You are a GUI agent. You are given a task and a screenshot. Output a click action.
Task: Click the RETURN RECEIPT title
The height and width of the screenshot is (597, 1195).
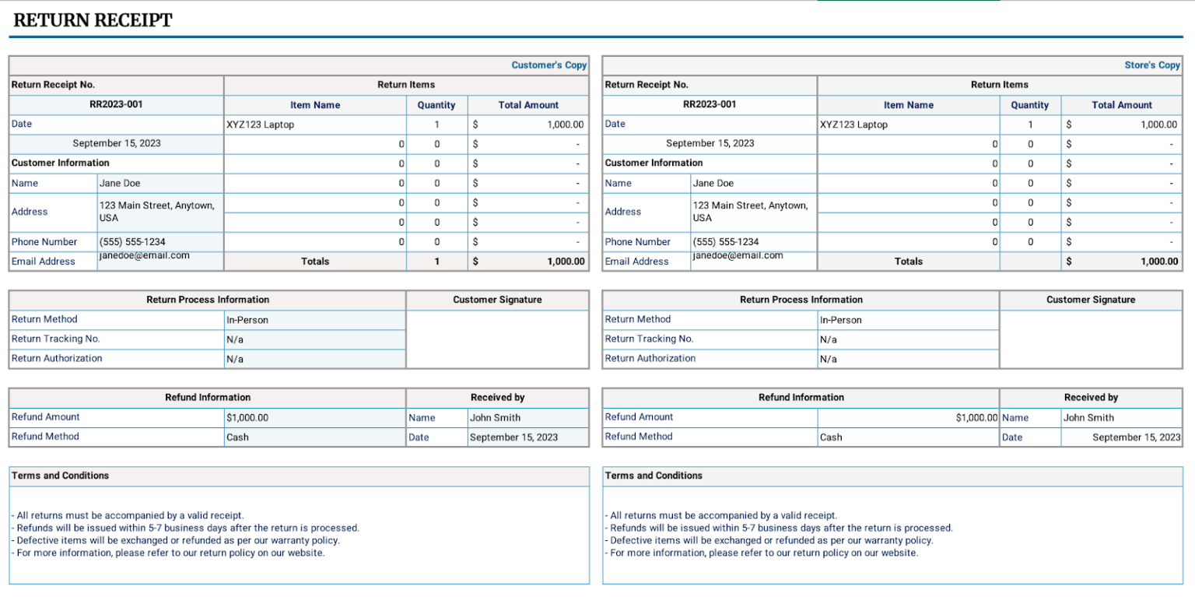[x=93, y=21]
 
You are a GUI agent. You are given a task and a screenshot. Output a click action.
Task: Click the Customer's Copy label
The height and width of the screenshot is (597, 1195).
[x=548, y=65]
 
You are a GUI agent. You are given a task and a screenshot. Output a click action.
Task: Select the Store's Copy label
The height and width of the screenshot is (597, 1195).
[x=1151, y=65]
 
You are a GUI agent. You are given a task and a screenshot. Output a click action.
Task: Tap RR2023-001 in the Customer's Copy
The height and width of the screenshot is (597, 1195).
[x=117, y=104]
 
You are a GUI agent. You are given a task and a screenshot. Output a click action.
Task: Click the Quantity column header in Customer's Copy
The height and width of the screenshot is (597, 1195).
[x=436, y=105]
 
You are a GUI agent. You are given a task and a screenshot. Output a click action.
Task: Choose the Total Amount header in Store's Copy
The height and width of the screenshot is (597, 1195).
[x=1121, y=105]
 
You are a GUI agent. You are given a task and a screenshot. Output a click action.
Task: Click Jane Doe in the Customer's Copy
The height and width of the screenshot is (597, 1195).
[x=120, y=184]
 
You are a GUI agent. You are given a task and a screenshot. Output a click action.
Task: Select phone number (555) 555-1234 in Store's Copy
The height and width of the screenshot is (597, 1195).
[x=725, y=242]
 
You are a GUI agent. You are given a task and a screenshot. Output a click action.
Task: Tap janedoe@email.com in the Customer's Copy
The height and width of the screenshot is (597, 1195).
[x=144, y=255]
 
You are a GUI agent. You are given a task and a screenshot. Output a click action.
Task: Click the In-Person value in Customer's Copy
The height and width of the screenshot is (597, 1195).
[x=247, y=320]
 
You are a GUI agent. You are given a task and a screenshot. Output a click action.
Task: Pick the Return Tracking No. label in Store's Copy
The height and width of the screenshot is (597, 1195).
[x=649, y=339]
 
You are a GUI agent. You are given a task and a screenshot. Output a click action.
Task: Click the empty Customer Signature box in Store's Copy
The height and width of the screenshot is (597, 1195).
[x=1090, y=339]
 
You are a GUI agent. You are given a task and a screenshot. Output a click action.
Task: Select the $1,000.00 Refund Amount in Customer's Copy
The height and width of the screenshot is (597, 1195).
[x=247, y=418]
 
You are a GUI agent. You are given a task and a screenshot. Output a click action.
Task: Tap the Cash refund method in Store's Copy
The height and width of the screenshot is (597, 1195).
[x=831, y=437]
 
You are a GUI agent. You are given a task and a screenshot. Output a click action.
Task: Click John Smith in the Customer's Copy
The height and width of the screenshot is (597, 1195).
[x=495, y=418]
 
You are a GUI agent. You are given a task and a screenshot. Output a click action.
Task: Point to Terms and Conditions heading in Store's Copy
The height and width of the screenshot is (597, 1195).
[x=654, y=476]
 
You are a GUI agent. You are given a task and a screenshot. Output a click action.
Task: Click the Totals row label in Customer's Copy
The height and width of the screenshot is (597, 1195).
[x=315, y=262]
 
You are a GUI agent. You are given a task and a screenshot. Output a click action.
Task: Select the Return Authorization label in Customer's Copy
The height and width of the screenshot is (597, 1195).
[x=57, y=359]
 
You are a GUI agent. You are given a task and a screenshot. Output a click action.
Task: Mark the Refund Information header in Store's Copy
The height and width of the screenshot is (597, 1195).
[x=801, y=398]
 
